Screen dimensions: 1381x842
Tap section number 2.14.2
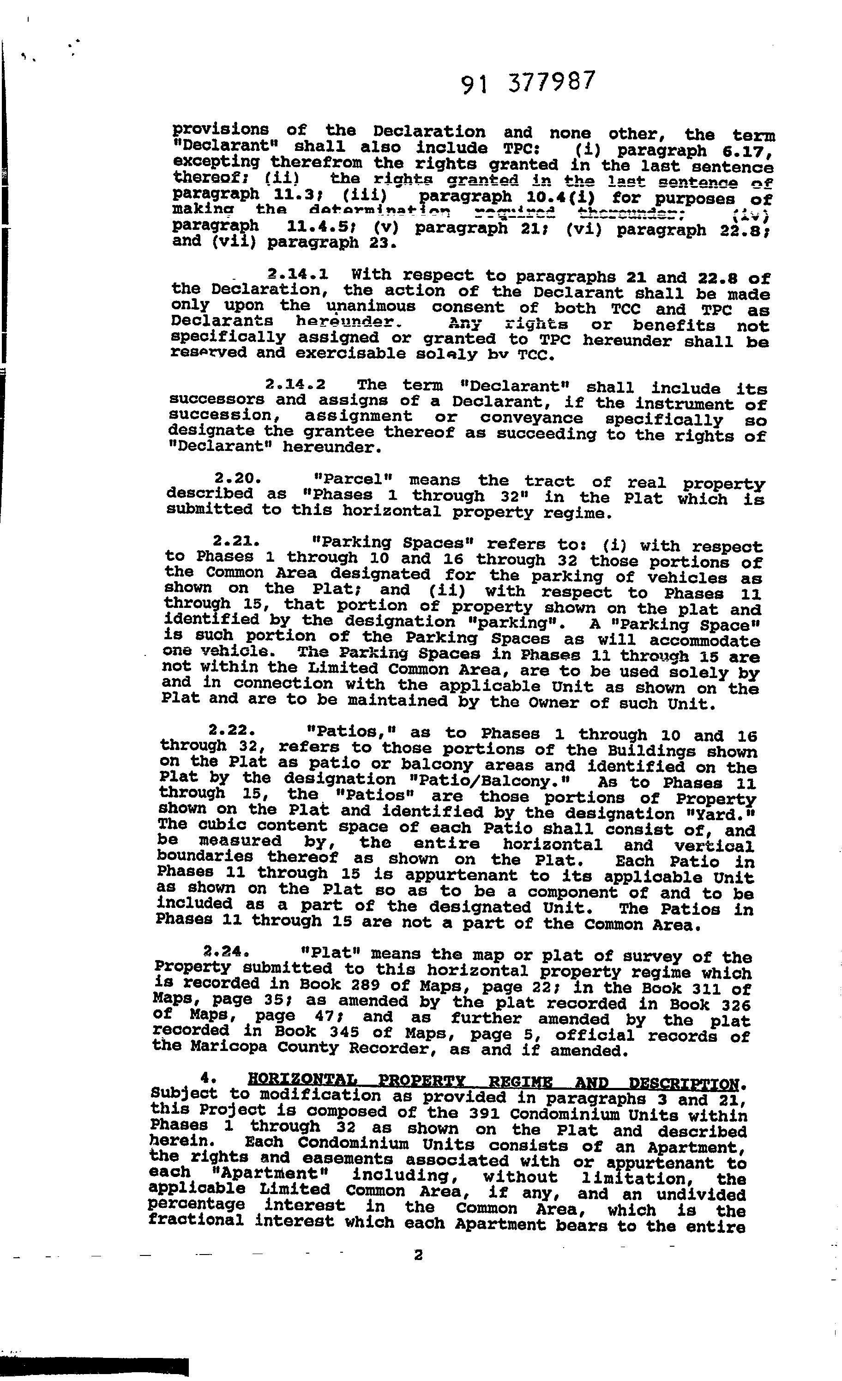(x=295, y=384)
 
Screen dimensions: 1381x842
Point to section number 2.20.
(x=238, y=479)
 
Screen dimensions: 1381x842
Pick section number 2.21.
(x=236, y=541)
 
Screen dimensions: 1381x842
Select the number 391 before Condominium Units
(x=486, y=1112)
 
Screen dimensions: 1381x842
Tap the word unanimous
(x=371, y=306)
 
